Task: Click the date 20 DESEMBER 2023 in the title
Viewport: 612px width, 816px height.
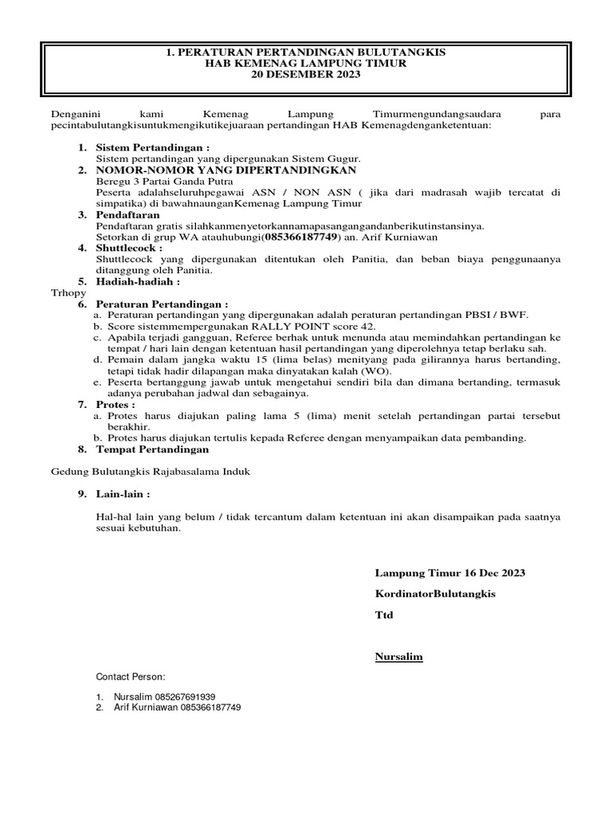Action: (306, 75)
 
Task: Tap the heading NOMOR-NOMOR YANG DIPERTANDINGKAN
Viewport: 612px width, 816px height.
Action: (226, 171)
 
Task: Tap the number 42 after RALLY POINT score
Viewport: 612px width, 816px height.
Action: (367, 327)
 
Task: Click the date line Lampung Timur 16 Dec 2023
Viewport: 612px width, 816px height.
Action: (449, 574)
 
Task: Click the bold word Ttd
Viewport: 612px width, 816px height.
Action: (384, 615)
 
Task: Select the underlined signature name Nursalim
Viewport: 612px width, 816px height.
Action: (398, 657)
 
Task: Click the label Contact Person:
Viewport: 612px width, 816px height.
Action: (131, 677)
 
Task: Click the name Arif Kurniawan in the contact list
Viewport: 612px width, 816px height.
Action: (146, 708)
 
